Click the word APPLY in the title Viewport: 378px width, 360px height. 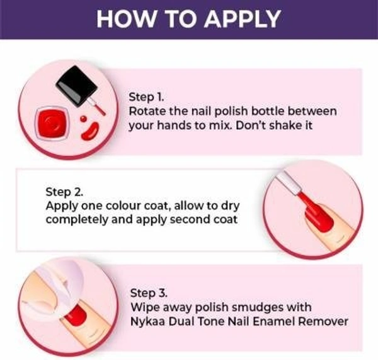click(243, 19)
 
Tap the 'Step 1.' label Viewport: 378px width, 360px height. click(146, 97)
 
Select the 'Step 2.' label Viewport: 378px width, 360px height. click(64, 192)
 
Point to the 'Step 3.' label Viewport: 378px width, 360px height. click(149, 293)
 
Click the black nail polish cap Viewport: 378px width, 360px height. click(77, 86)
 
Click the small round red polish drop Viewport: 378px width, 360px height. click(83, 119)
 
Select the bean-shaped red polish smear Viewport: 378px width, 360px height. click(90, 132)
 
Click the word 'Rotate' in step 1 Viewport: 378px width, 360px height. click(147, 111)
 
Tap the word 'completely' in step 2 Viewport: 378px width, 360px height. click(77, 220)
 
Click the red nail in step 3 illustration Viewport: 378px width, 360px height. click(76, 315)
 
